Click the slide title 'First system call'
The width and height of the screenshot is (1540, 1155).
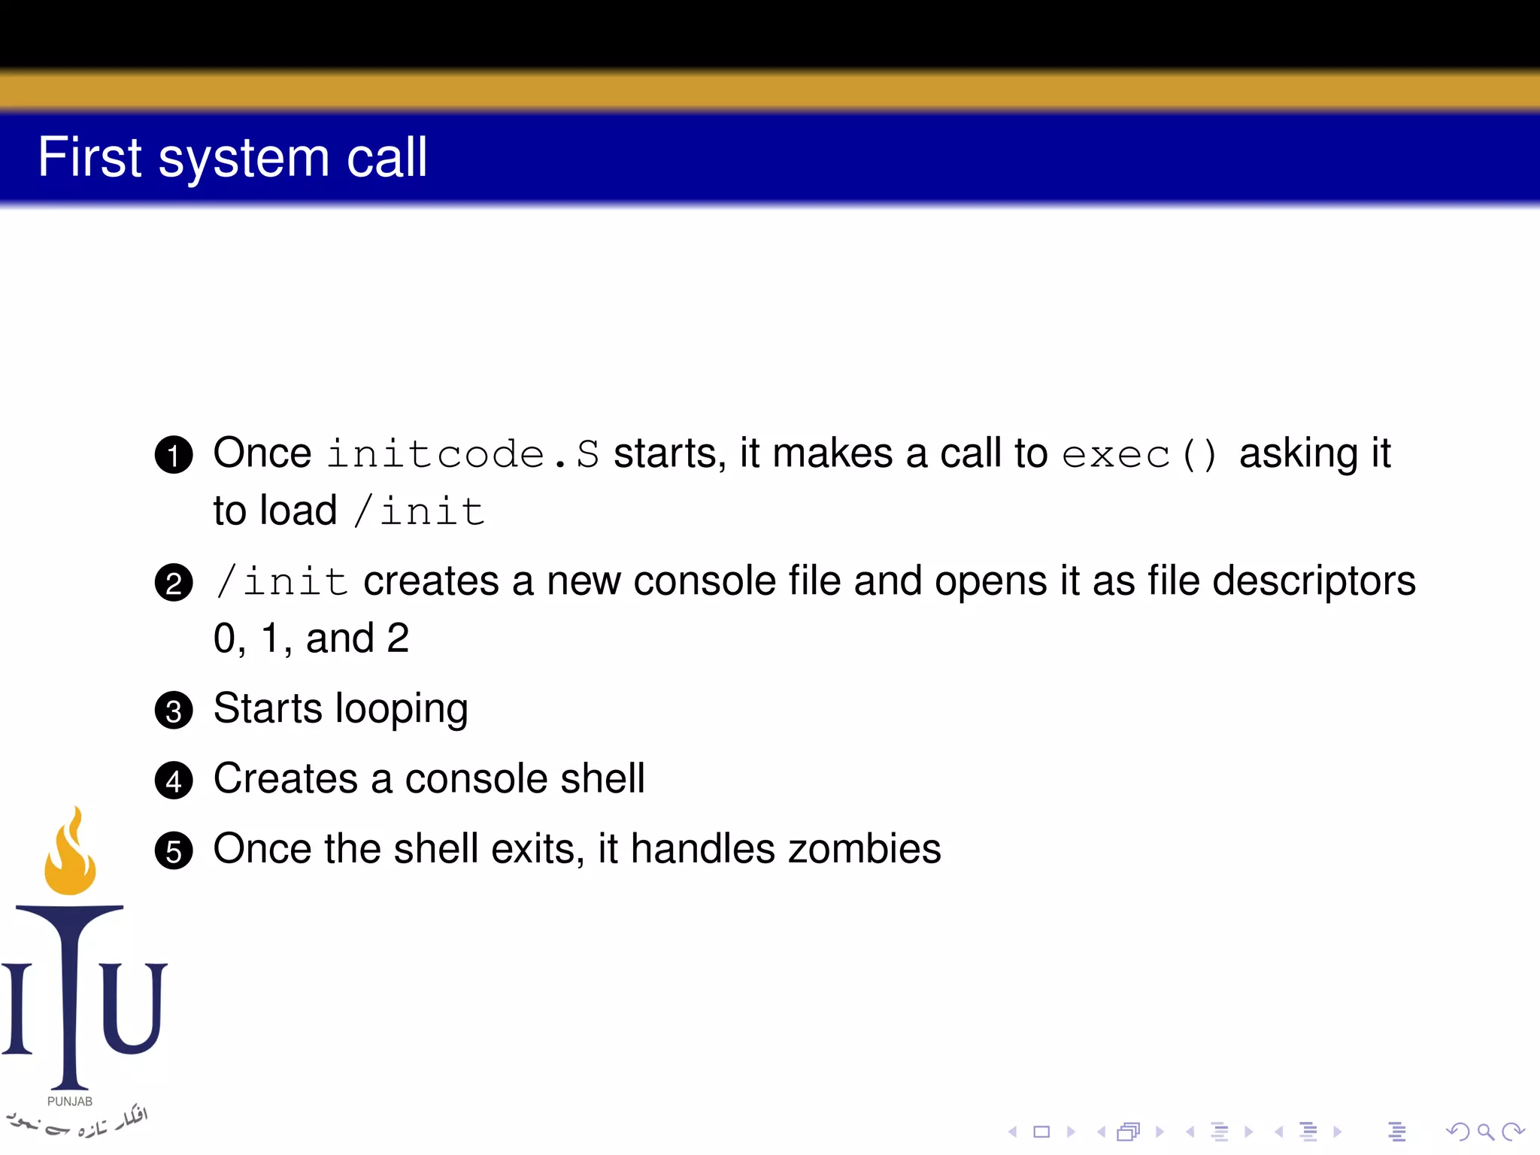[x=232, y=158]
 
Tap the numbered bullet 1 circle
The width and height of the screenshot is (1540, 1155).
[x=174, y=455]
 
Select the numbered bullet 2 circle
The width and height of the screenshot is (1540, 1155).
[x=174, y=583]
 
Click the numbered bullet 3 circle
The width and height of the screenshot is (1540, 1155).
[x=174, y=711]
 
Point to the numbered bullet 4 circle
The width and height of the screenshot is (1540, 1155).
[x=174, y=781]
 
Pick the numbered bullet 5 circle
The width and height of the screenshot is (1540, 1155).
[x=174, y=851]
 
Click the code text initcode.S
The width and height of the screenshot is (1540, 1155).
[x=463, y=454]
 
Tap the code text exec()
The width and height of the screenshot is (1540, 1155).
[x=1138, y=454]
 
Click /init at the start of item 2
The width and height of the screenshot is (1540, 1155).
[x=281, y=581]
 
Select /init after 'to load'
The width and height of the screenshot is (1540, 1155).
[x=419, y=511]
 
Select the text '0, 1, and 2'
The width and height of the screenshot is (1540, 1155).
[x=311, y=639]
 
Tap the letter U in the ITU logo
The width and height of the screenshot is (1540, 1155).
[x=134, y=1008]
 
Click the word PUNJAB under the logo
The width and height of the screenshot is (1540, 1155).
[x=70, y=1102]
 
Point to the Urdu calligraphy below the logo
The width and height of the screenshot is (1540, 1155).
[x=75, y=1122]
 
